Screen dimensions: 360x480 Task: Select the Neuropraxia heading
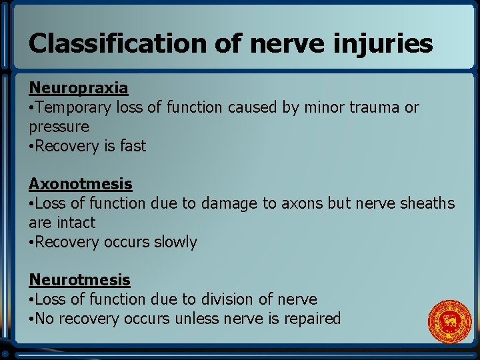pos(78,88)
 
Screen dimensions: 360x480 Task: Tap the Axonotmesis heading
pos(80,184)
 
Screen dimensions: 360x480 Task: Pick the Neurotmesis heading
pos(79,280)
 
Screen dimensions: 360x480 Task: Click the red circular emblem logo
pos(449,322)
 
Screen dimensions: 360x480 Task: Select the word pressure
pos(59,127)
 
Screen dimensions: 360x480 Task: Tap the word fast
pos(132,146)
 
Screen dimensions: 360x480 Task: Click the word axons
pos(285,203)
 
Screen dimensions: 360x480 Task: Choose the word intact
pos(75,223)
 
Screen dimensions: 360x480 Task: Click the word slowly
pos(175,242)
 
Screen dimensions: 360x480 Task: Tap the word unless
pos(197,319)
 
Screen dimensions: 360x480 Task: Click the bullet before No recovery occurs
pos(31,319)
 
